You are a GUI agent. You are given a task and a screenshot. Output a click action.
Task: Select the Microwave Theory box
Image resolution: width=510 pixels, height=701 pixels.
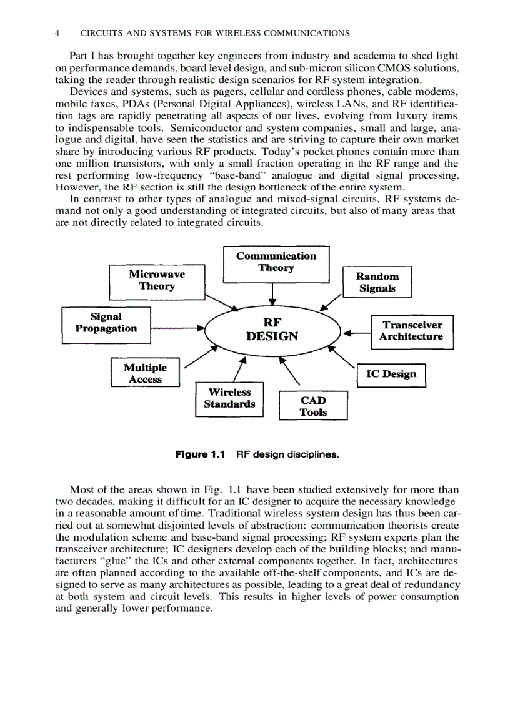[x=156, y=282]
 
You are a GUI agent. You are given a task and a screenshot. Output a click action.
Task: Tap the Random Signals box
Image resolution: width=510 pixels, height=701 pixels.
[x=377, y=282]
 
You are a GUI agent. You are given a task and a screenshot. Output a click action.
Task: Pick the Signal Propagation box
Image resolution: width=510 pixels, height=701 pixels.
[x=106, y=324]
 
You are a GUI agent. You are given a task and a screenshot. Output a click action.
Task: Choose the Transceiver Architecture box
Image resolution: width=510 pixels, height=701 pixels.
[x=412, y=331]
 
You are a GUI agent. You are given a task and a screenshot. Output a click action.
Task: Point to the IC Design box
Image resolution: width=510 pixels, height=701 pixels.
[x=391, y=375]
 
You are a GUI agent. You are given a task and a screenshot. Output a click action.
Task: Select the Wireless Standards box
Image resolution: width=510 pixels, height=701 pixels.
[x=229, y=399]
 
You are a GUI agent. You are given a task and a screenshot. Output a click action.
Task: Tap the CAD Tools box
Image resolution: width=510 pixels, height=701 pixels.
[x=312, y=406]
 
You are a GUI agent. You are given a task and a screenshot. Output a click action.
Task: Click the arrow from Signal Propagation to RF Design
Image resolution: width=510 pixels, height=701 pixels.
[x=177, y=327]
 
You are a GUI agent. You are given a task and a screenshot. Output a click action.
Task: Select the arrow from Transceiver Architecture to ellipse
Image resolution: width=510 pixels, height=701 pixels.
[x=357, y=333]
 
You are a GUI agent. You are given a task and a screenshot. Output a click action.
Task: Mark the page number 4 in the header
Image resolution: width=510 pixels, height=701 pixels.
[x=57, y=32]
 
